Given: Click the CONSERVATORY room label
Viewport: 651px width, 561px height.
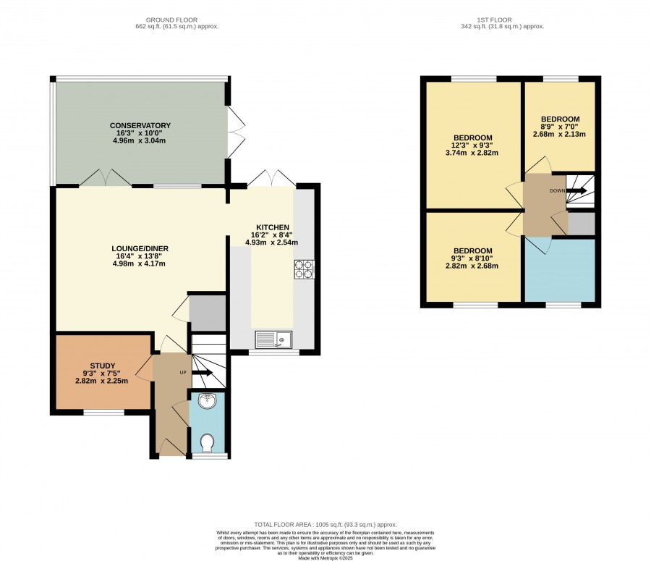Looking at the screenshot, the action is [140, 125].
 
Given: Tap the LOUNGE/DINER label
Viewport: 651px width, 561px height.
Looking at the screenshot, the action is [140, 248].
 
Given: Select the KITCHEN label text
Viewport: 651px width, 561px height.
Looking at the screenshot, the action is [273, 227].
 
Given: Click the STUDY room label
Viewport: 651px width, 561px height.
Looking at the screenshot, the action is [103, 366].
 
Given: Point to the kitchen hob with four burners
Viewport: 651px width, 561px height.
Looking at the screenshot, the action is [305, 269].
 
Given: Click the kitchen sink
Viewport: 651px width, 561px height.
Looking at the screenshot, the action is [273, 339].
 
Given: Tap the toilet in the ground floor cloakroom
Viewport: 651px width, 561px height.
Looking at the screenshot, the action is [207, 444].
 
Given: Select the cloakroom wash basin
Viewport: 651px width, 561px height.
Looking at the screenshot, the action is [208, 401].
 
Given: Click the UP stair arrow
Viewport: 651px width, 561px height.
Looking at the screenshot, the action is [203, 372].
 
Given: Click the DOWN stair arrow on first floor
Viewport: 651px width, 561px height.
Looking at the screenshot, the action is [576, 191].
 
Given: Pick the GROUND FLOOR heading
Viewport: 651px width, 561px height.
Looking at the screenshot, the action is [171, 20].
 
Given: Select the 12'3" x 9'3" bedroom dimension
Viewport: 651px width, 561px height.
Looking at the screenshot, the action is [472, 145].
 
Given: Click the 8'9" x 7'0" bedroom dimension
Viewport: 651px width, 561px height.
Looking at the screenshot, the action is [560, 127].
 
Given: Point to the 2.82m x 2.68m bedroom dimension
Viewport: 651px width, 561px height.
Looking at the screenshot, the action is [472, 266].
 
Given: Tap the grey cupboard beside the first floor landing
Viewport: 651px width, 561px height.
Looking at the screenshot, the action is [582, 224].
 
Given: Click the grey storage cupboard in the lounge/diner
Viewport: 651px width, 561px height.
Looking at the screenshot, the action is [207, 313].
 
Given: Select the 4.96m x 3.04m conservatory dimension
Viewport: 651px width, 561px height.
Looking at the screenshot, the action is [139, 140].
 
